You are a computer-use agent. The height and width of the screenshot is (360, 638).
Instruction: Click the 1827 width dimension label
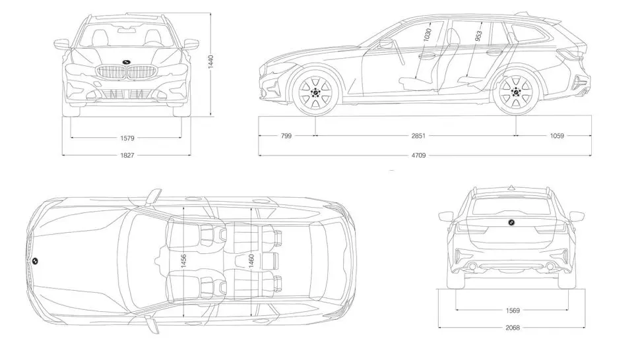click(x=127, y=156)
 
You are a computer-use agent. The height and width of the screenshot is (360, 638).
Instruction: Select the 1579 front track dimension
click(x=127, y=138)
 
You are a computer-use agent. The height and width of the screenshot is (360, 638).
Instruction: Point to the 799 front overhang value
click(x=285, y=136)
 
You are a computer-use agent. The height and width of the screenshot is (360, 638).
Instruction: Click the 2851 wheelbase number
click(x=417, y=136)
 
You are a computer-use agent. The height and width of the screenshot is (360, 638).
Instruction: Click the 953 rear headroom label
click(x=478, y=36)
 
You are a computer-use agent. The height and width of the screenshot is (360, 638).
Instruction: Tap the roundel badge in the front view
click(x=126, y=64)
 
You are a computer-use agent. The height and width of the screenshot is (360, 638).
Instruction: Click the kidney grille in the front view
click(x=126, y=73)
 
